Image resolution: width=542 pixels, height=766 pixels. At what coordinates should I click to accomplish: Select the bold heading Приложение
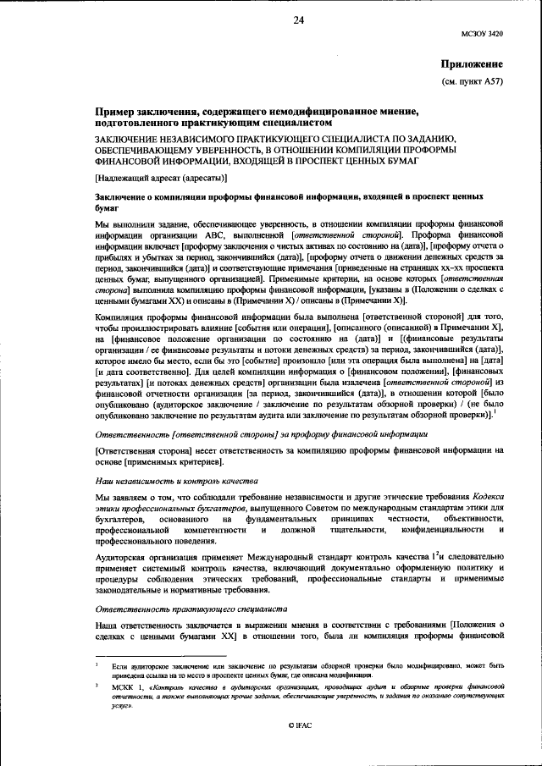pos(473,64)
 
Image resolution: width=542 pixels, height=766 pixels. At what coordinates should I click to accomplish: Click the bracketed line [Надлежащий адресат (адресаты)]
pos(161,178)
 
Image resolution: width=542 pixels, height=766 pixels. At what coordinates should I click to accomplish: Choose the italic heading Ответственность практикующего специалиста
pos(191,609)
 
